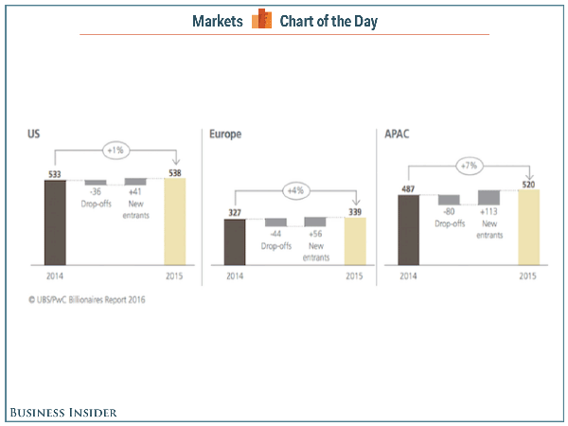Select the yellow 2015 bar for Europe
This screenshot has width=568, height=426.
point(354,242)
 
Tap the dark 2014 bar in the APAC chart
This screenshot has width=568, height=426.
point(409,230)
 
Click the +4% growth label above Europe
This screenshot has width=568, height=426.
point(295,189)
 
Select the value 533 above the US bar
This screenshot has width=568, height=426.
point(55,173)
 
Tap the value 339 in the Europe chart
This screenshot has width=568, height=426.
point(354,213)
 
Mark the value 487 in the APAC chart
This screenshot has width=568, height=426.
point(409,187)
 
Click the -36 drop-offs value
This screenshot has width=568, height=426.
point(95,192)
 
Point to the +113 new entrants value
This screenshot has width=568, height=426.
point(488,212)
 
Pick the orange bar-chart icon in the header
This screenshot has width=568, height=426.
point(260,20)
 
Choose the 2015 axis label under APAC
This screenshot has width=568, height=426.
point(528,276)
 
